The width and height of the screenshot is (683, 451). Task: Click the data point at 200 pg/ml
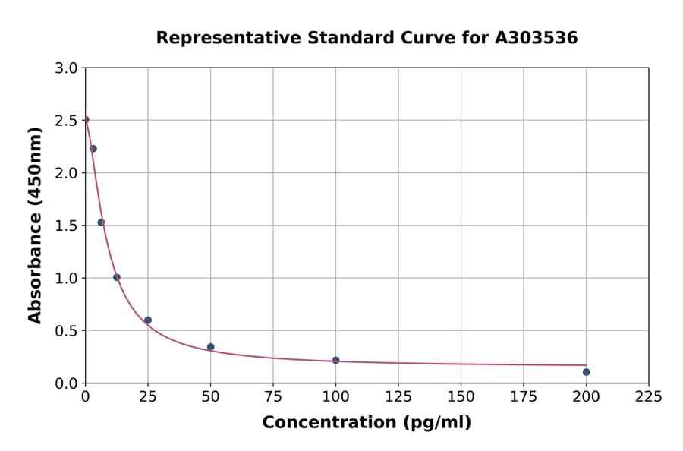tap(586, 372)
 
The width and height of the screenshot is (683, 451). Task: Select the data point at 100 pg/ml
tap(335, 360)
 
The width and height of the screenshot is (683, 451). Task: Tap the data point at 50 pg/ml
tap(210, 347)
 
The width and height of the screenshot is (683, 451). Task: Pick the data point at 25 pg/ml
tap(148, 320)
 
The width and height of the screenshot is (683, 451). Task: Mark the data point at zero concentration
tap(86, 120)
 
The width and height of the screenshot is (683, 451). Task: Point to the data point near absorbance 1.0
tap(116, 277)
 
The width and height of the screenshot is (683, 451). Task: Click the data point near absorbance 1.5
tap(101, 222)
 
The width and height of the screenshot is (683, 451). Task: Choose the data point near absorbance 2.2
tap(93, 149)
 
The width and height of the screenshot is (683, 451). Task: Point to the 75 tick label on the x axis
tap(273, 396)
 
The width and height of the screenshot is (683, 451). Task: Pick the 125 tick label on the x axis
tap(398, 396)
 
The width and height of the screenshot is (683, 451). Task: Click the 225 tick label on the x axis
tap(648, 396)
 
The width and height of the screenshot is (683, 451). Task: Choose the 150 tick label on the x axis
tap(461, 396)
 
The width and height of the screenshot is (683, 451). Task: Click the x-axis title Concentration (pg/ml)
tap(367, 423)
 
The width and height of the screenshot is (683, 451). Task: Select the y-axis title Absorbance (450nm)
tap(35, 225)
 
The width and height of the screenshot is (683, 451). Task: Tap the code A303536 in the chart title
tap(536, 38)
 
